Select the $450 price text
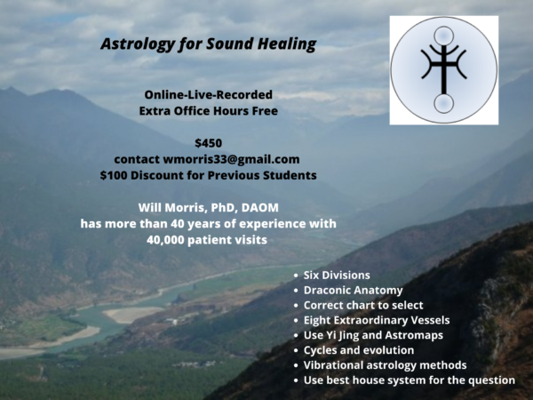click(209, 143)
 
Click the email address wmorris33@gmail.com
click(231, 159)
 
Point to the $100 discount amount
click(114, 175)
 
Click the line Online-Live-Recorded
click(209, 94)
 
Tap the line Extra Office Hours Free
click(209, 111)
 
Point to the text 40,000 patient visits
click(207, 240)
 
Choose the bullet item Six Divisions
click(337, 276)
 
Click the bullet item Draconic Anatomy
click(354, 290)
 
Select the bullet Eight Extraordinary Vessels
click(377, 320)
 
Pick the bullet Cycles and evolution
click(359, 350)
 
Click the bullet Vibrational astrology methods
click(385, 365)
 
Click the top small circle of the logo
click(443, 36)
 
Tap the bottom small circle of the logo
click(443, 103)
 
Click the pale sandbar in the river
click(131, 314)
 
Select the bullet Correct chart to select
click(363, 305)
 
